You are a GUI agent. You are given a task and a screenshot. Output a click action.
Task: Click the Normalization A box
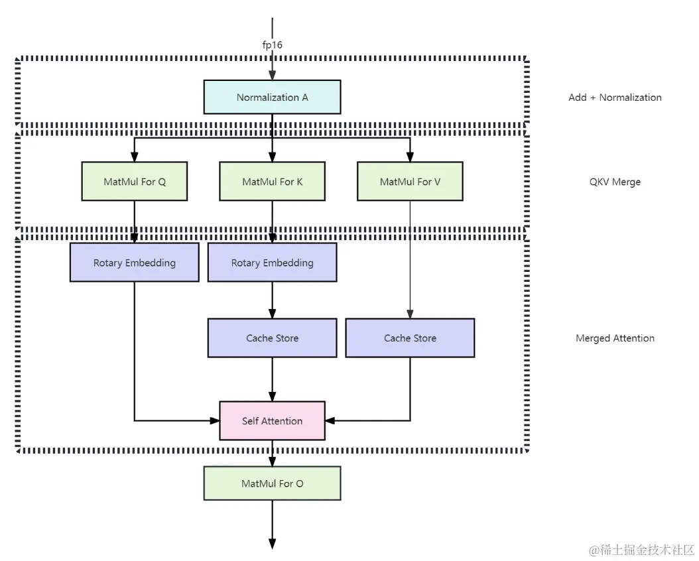[x=272, y=97]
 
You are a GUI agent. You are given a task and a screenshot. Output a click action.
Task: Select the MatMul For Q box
[x=134, y=181]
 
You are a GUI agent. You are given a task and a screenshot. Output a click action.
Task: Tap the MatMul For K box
[x=272, y=181]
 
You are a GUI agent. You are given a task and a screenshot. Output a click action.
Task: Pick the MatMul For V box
[x=410, y=181]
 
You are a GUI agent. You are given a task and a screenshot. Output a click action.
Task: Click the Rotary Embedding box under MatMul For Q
[x=134, y=263]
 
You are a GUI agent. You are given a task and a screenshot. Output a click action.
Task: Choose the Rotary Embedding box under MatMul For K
[x=272, y=263]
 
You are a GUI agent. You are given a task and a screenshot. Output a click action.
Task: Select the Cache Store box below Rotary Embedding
[x=272, y=338]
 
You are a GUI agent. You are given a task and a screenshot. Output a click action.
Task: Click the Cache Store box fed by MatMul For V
[x=410, y=338]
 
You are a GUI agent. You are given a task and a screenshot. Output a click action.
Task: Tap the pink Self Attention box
[x=272, y=420]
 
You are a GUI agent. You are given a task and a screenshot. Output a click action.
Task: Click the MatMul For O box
[x=272, y=483]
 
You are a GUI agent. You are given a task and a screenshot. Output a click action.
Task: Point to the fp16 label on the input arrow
[x=272, y=44]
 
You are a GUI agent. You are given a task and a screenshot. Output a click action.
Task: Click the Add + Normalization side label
[x=615, y=97]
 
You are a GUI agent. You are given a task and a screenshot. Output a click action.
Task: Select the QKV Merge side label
[x=615, y=182]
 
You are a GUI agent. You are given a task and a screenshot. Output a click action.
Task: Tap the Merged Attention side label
[x=615, y=338]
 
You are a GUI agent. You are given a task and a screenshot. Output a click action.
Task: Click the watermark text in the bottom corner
[x=642, y=550]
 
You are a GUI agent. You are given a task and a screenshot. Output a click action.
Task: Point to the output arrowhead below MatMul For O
[x=272, y=544]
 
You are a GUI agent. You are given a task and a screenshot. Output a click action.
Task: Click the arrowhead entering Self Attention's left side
[x=214, y=420]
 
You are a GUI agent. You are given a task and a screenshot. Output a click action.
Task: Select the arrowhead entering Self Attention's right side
[x=330, y=420]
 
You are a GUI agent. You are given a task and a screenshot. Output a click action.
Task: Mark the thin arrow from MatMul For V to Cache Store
[x=410, y=259]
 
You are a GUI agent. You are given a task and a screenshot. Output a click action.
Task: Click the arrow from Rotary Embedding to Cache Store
[x=272, y=300]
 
